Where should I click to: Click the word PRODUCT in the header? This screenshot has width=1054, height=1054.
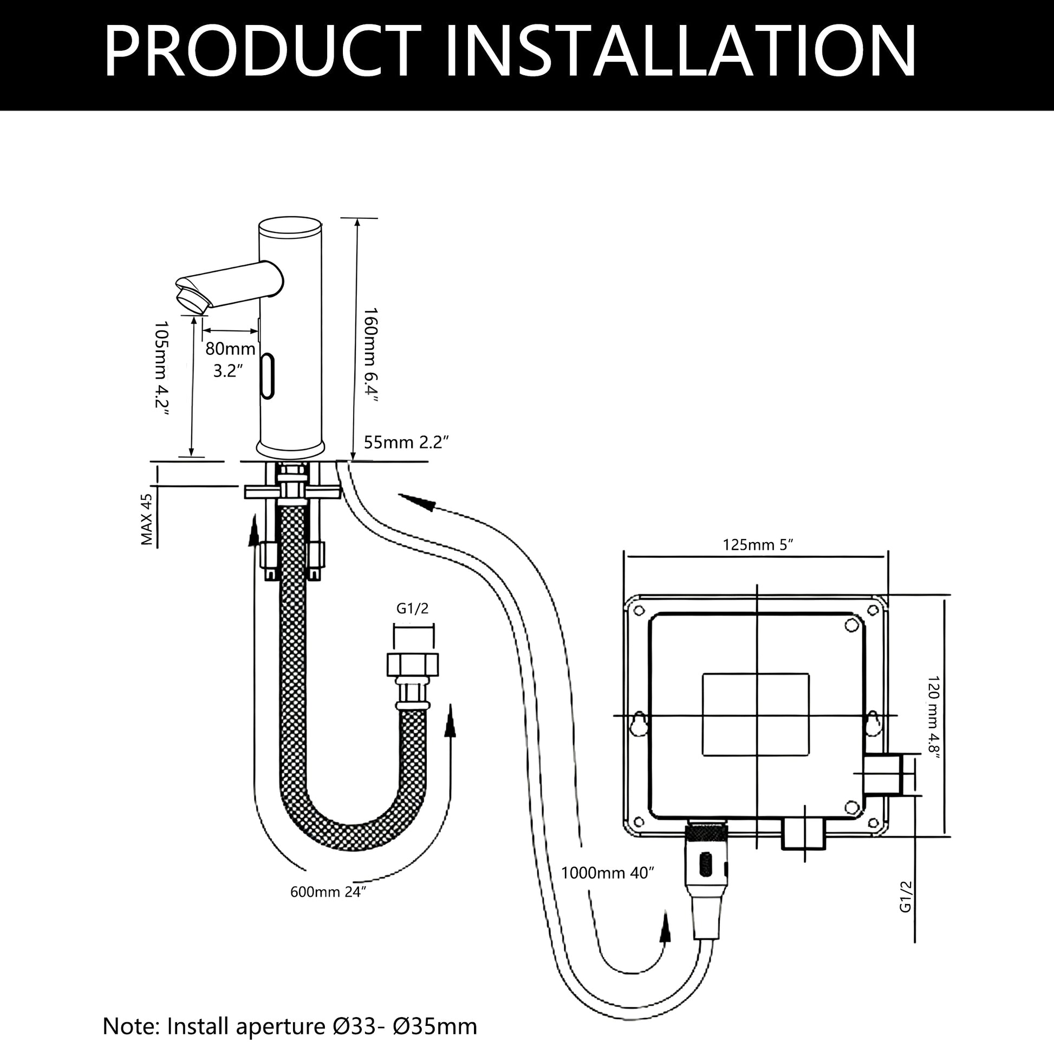(x=263, y=51)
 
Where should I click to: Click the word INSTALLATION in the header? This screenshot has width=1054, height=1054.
(x=680, y=51)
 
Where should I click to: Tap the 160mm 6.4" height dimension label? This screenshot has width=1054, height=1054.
(x=371, y=362)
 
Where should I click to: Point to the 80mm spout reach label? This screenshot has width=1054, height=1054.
(x=230, y=348)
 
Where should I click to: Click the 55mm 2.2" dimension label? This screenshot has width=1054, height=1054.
(x=407, y=442)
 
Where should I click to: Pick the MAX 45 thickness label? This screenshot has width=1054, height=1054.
(x=146, y=520)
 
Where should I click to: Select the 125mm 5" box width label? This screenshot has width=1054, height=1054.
(x=758, y=544)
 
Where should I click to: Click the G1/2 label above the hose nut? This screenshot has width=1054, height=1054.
(x=412, y=609)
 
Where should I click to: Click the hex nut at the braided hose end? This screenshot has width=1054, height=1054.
(x=412, y=665)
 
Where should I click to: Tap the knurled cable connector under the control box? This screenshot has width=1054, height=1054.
(x=706, y=834)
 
